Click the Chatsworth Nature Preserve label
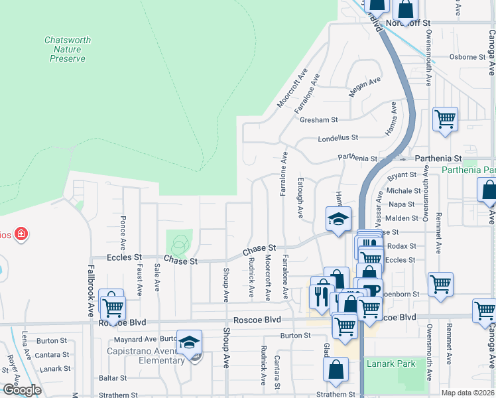pos(68,49)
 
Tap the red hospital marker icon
pos(21,233)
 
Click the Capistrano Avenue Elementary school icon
pos(190,343)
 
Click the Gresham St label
pos(319,120)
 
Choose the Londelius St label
pos(338,138)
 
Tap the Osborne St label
pos(468,57)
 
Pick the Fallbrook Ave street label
pos(90,291)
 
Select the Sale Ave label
pos(157,277)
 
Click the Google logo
pos(21,390)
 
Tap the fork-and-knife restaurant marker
pos(320,295)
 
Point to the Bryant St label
pos(402,176)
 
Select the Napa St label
pos(402,204)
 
